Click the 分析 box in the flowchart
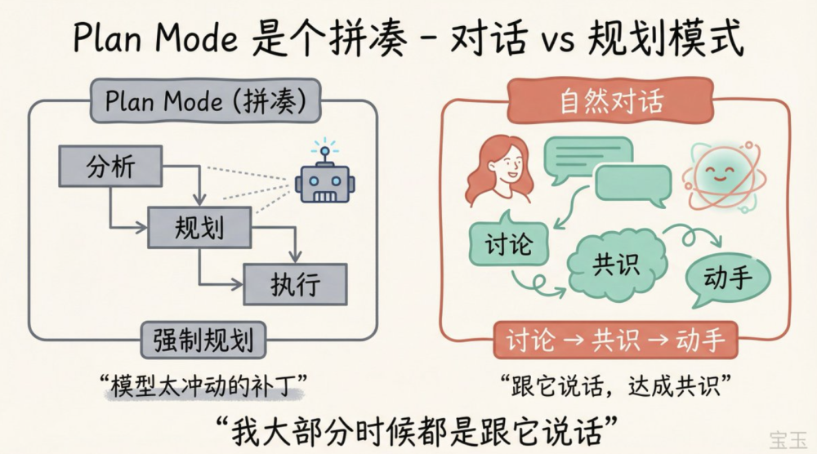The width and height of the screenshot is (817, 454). tap(110, 167)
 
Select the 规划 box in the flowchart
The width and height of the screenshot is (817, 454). tap(199, 226)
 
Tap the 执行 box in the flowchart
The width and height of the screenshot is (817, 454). tap(296, 283)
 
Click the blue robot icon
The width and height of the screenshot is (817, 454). tap(324, 182)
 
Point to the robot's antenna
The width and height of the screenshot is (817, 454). tap(324, 151)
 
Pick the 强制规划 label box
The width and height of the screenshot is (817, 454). tap(203, 338)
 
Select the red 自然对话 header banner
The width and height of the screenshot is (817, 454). tap(611, 102)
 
